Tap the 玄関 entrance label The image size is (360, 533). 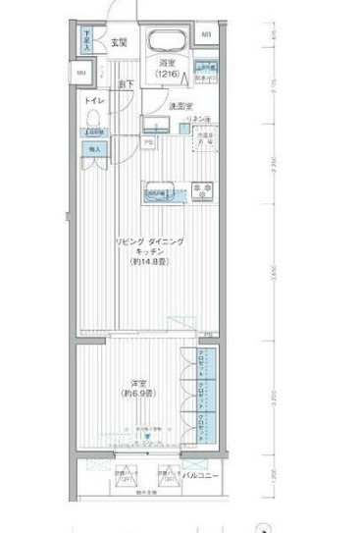point(119,41)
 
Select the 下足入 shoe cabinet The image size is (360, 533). point(87,40)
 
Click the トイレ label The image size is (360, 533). point(95,101)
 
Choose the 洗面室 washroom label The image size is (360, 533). point(179,105)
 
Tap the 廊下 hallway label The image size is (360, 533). point(127,85)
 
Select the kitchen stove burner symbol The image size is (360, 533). point(202,187)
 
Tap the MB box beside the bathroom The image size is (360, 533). point(207,37)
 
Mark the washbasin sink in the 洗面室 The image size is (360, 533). point(157,125)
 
